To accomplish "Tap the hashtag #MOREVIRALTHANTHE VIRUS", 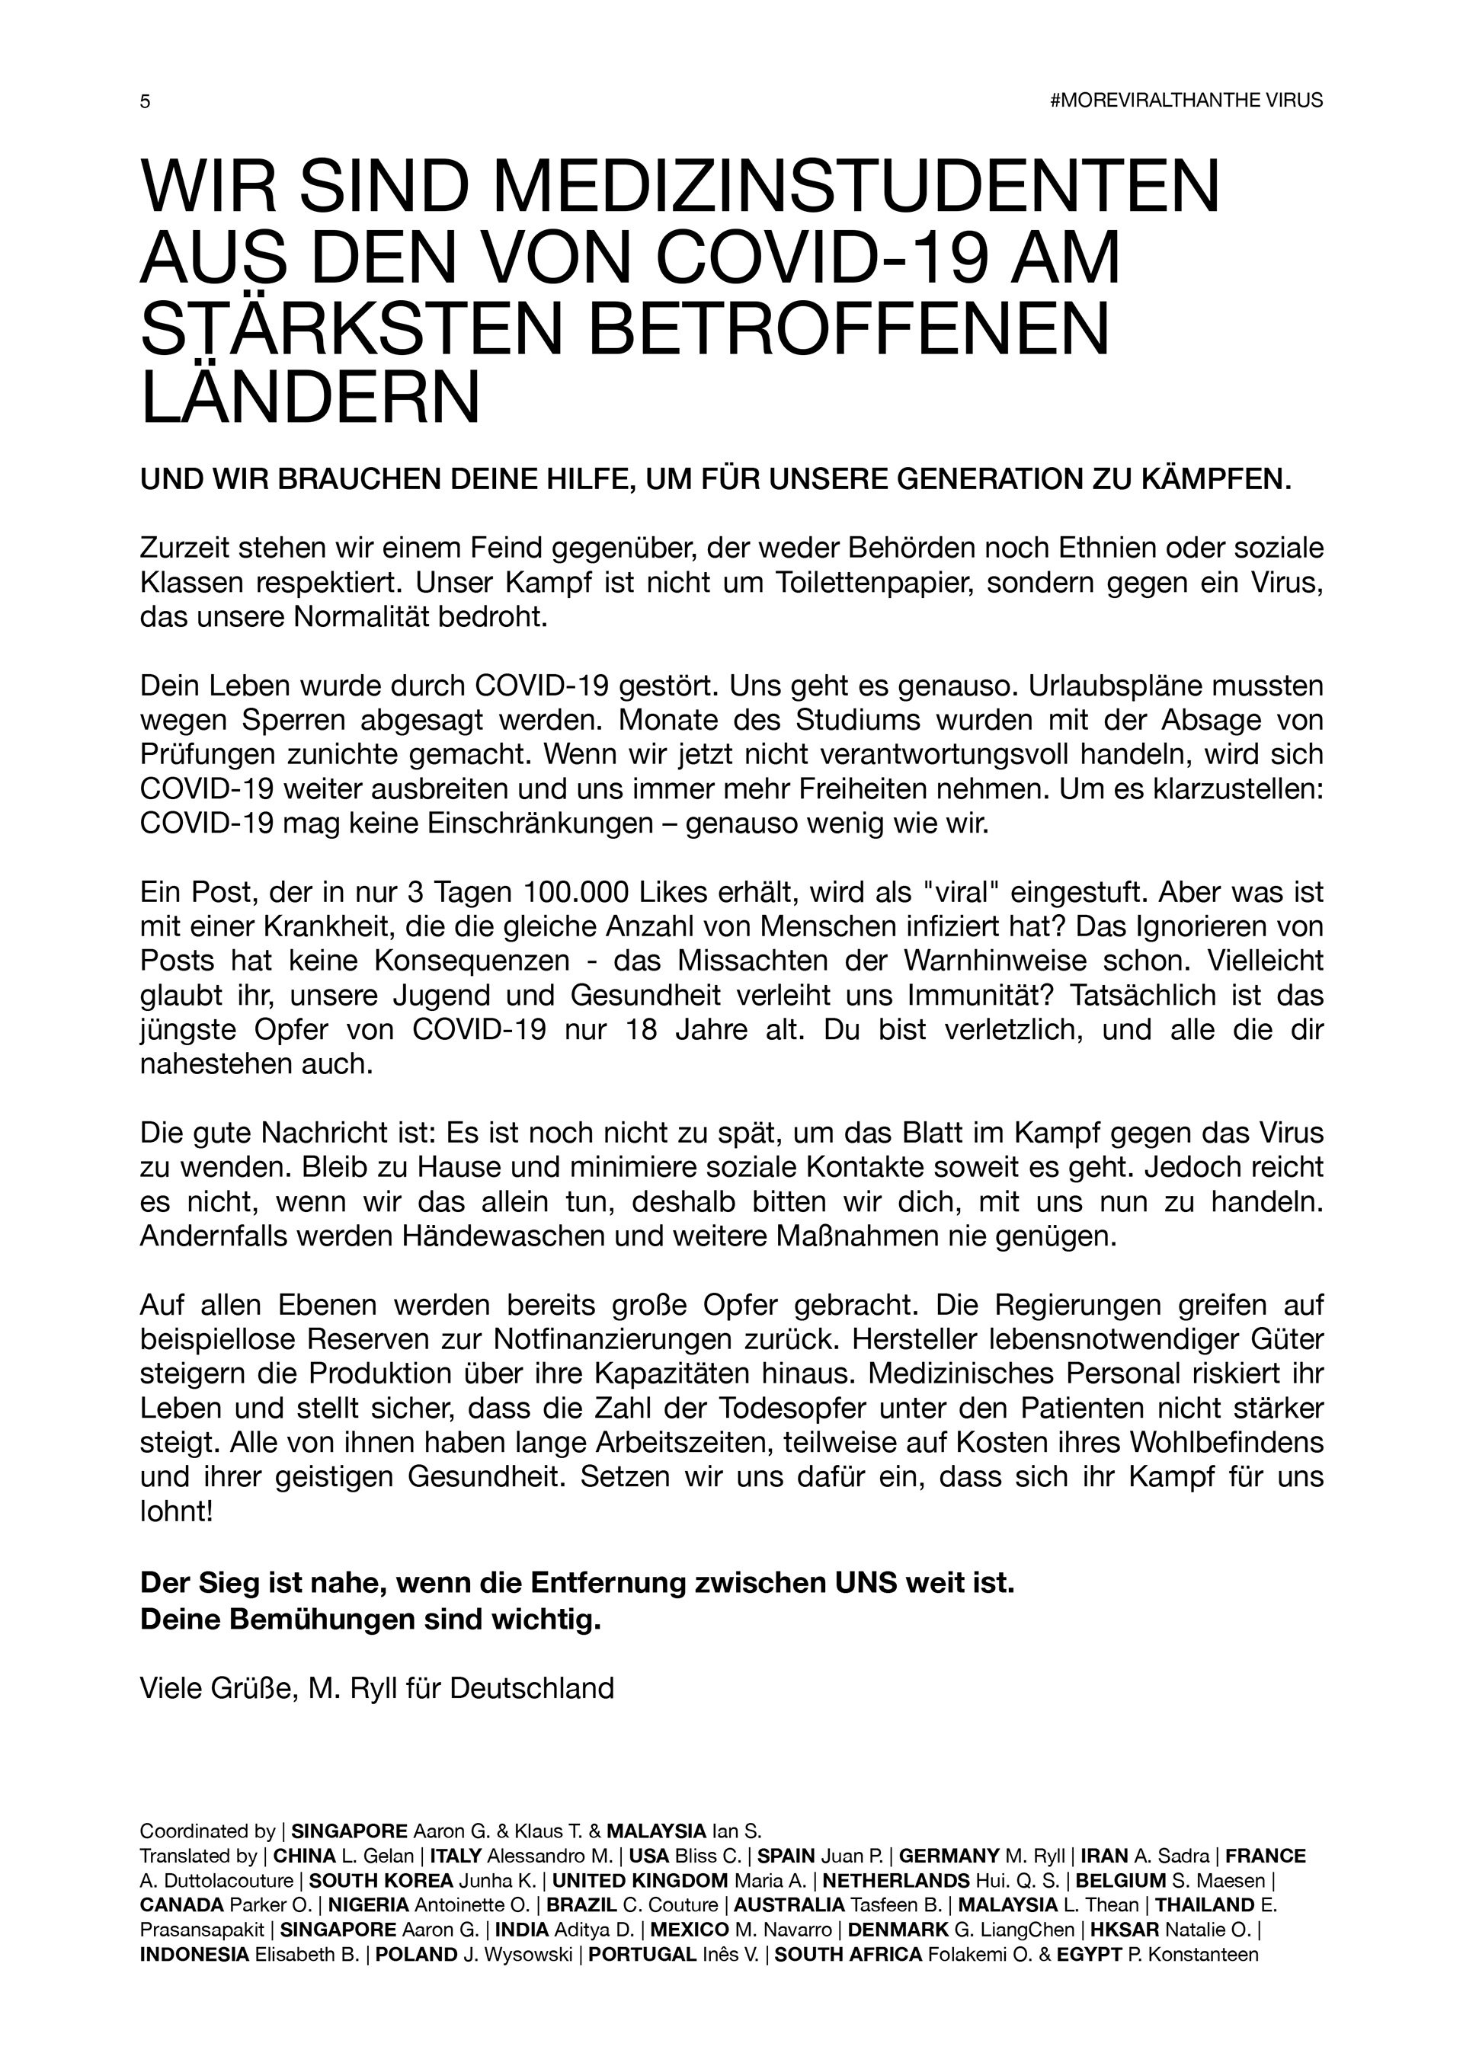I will [x=1186, y=101].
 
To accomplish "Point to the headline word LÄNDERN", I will [x=310, y=395].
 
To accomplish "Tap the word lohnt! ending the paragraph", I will [x=177, y=1511].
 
